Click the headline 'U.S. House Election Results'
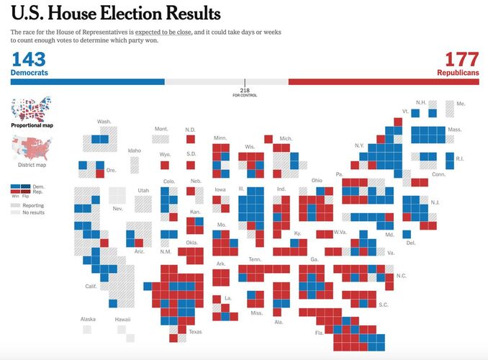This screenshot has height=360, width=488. (116, 14)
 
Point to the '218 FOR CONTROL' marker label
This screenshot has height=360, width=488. (245, 92)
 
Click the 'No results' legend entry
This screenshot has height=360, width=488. (34, 212)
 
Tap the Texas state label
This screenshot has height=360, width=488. (195, 331)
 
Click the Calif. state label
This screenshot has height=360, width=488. (91, 287)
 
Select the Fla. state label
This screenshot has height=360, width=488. (319, 333)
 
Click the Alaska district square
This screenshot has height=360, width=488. (87, 329)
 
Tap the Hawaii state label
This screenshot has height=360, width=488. (122, 319)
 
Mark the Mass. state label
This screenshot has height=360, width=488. (454, 130)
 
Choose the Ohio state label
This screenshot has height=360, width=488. (317, 180)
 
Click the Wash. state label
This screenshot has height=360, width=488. (104, 122)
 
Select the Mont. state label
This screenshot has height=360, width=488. (161, 129)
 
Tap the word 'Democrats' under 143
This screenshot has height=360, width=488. (30, 73)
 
